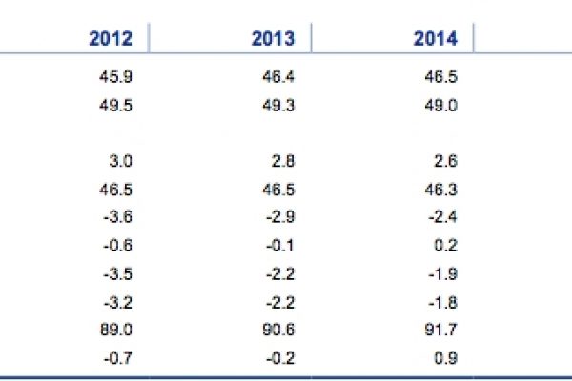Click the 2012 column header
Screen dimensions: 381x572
coord(111,39)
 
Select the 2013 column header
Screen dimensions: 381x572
coord(274,39)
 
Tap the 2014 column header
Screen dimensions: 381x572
coord(436,39)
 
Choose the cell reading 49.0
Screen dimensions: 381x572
coord(439,106)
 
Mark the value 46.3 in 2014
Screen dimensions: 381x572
coord(439,190)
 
